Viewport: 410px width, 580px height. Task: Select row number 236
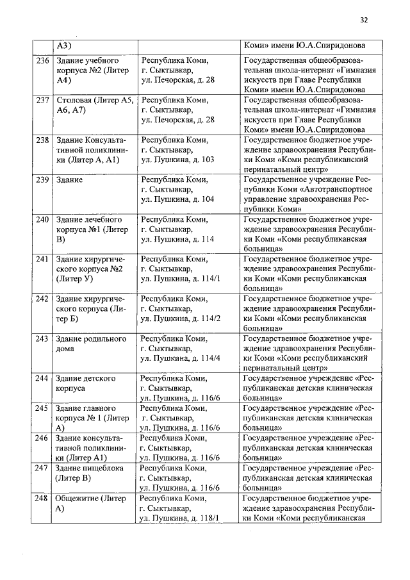[x=42, y=61]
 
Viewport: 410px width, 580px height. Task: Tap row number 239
[x=42, y=180]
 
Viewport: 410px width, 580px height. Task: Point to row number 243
[x=42, y=339]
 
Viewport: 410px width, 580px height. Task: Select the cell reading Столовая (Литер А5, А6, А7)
[x=94, y=106]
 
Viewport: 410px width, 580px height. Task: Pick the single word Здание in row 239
[x=69, y=180]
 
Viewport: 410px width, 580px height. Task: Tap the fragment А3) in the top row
[x=63, y=46]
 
